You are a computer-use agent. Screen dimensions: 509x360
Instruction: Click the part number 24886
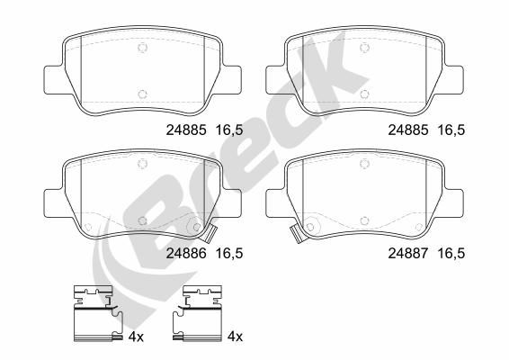click(x=186, y=254)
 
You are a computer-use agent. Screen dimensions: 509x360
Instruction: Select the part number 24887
click(x=408, y=254)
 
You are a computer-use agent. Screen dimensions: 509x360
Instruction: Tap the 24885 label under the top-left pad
click(x=186, y=130)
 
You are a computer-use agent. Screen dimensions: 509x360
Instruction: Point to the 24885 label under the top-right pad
click(x=408, y=130)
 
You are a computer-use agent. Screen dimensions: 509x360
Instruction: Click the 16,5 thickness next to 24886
click(x=229, y=254)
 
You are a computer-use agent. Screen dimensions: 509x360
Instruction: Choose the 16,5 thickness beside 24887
click(x=451, y=254)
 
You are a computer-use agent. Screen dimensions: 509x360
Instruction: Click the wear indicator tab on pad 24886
click(x=209, y=234)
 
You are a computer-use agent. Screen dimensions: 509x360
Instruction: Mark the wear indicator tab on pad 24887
click(x=298, y=234)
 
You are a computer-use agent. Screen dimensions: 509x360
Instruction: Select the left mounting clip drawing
click(x=98, y=313)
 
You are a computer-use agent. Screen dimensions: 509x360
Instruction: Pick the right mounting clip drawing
click(x=197, y=313)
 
